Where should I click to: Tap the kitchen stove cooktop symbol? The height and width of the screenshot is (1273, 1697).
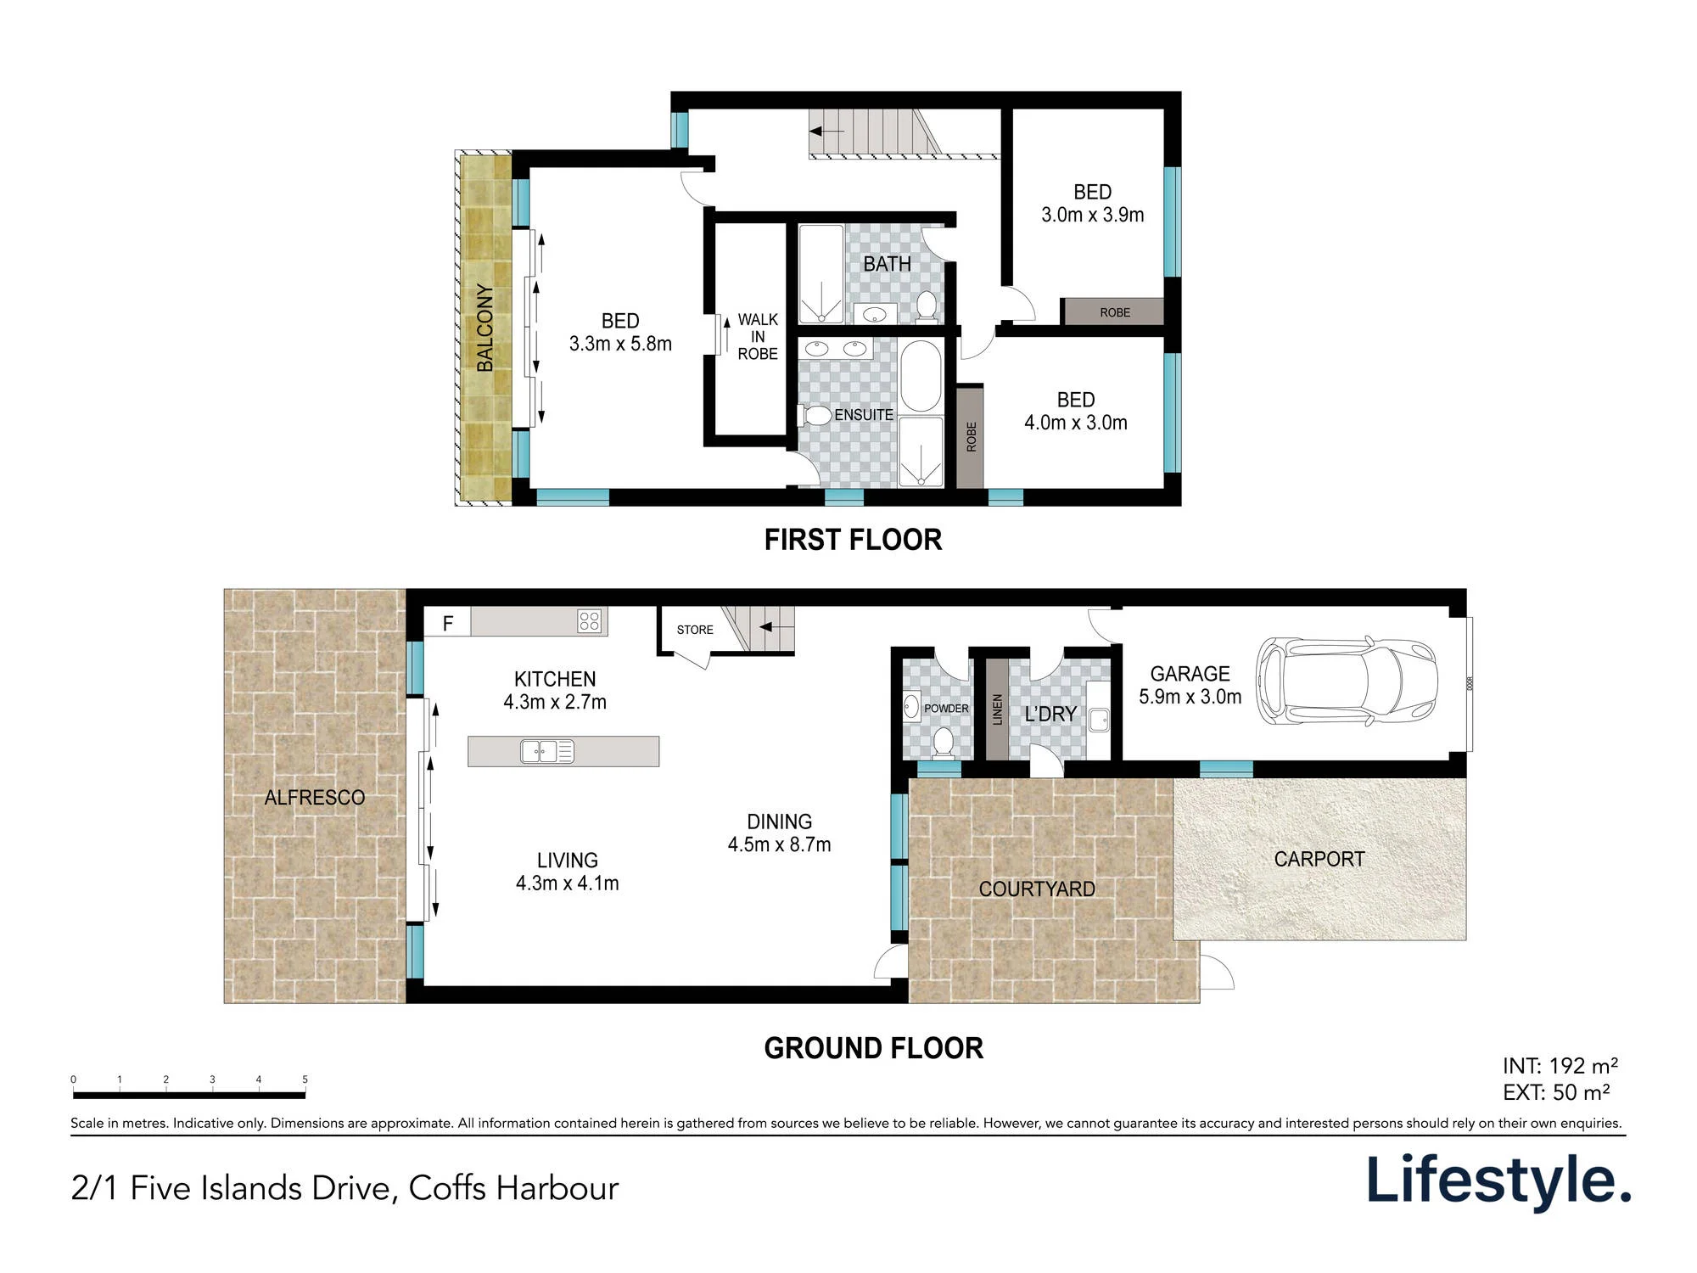[589, 621]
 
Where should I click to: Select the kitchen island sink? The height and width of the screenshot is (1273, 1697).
[547, 751]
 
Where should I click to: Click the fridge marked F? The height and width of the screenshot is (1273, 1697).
[448, 624]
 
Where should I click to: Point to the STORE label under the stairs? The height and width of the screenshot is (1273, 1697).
[695, 630]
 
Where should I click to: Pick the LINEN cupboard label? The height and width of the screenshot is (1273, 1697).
[997, 709]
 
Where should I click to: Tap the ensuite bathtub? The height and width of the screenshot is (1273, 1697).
[921, 376]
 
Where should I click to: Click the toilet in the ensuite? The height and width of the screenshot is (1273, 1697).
[815, 415]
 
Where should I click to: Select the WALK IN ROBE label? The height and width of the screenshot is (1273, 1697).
[758, 337]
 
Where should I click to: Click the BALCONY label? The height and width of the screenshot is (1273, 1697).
[484, 328]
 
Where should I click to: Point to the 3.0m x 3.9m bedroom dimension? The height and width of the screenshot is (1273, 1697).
[1093, 215]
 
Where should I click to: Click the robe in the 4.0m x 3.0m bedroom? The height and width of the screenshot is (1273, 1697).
[971, 437]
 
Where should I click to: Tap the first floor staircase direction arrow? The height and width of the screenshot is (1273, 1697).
[827, 132]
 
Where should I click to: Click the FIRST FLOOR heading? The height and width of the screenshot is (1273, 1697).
[853, 540]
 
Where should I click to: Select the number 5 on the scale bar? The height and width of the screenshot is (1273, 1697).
[305, 1080]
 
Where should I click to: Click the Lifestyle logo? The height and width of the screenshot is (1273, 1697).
[1498, 1180]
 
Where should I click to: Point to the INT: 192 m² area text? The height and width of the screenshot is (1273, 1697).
[1560, 1066]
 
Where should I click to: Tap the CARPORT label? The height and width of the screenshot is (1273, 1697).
[1319, 859]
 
